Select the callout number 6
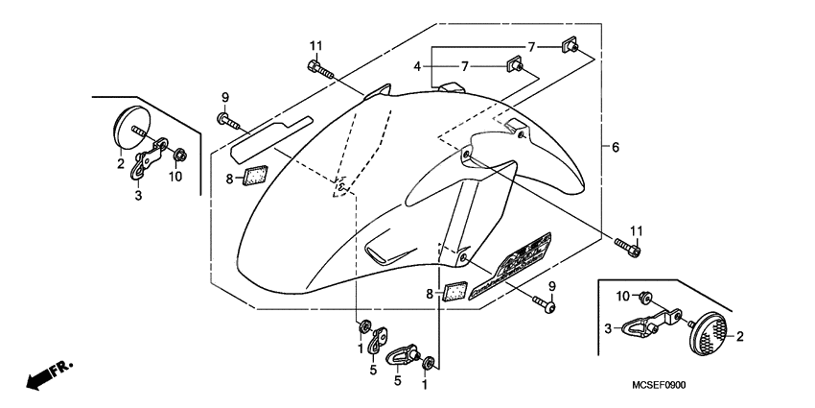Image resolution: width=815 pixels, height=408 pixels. pos(615,147)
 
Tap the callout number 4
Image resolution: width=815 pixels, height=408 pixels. pos(417,65)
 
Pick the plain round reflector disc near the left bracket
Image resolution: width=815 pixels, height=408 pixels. pos(126,128)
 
